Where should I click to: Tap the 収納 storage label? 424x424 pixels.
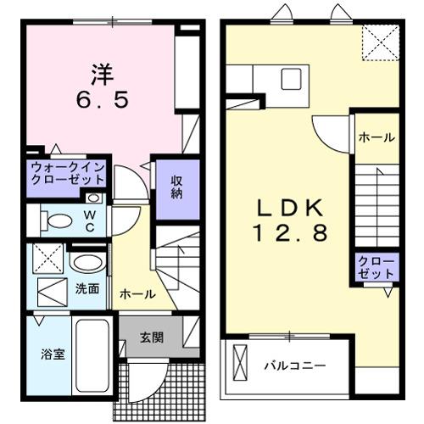pos(176,186)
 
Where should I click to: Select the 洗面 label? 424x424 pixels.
pos(88,288)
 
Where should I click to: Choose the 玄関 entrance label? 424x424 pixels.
pos(152,336)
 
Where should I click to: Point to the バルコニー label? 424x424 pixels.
pos(293,365)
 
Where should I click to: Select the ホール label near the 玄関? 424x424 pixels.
pos(137,294)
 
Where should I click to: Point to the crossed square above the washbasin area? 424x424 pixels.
pos(47,256)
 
